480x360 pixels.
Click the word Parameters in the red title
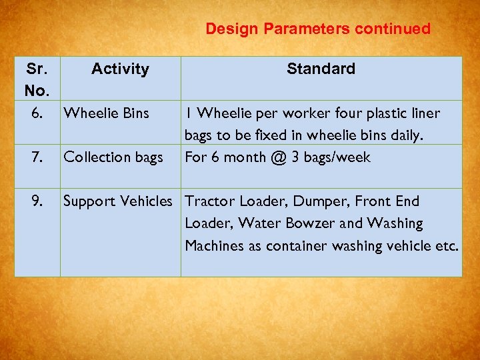(x=307, y=29)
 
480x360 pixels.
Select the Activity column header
(x=120, y=69)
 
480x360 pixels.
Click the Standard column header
(x=321, y=69)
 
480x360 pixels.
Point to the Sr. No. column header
(x=37, y=79)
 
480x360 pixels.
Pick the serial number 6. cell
(x=37, y=113)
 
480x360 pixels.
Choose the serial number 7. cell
(x=37, y=157)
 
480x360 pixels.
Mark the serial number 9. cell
(x=37, y=201)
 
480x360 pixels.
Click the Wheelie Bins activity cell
(x=106, y=113)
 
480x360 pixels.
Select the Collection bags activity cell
(x=113, y=157)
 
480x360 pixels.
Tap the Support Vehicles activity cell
(x=117, y=201)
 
